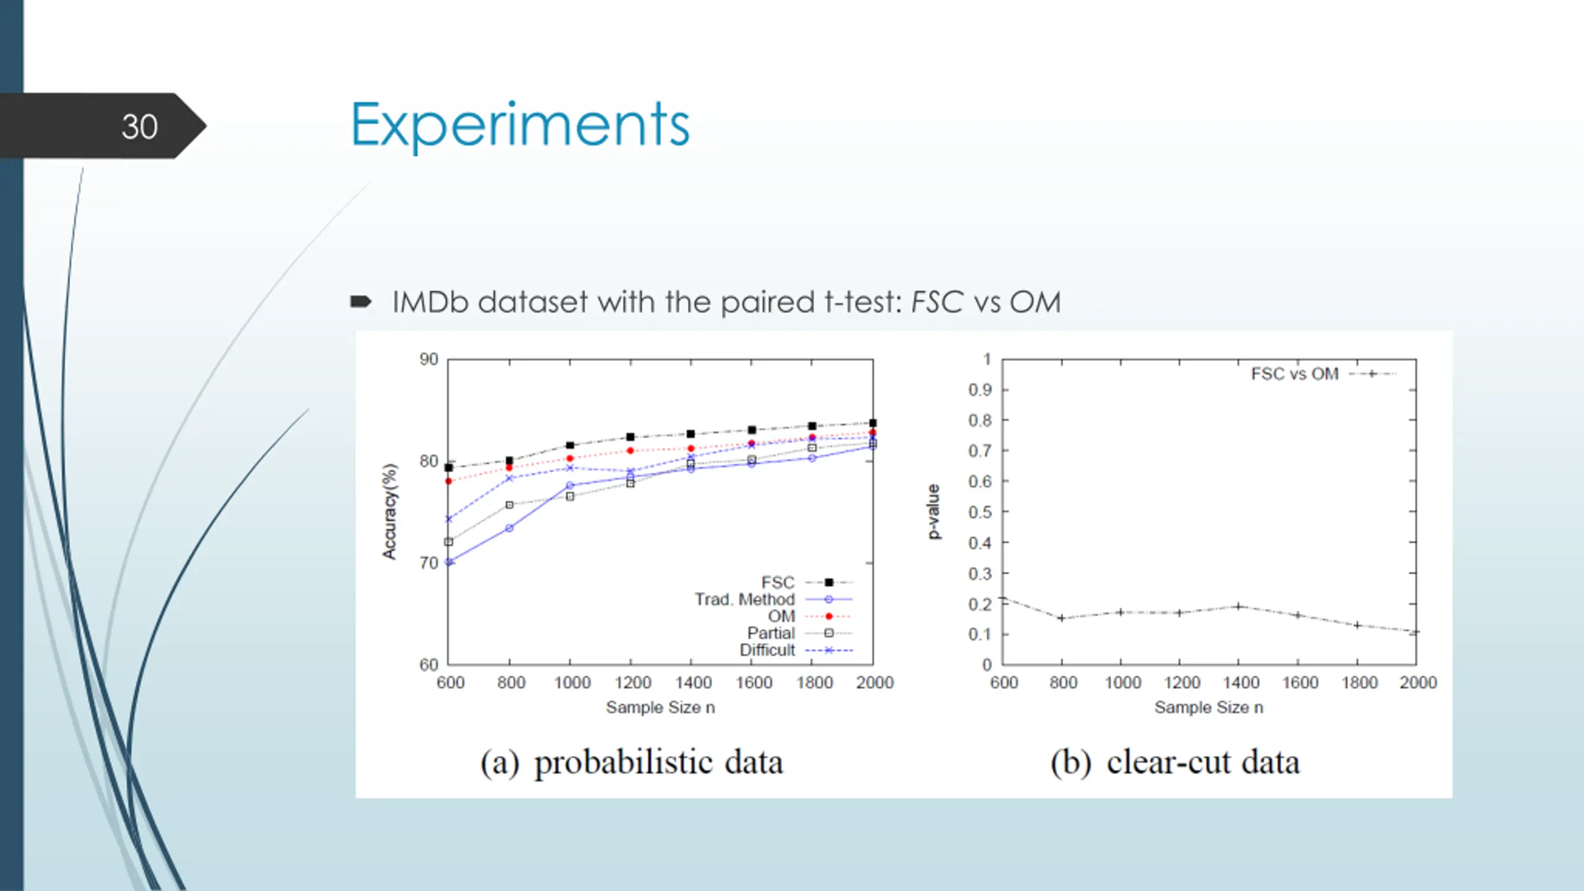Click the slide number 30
(139, 127)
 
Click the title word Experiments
(520, 126)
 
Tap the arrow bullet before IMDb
(361, 302)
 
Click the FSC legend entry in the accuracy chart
(777, 582)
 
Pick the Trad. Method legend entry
(744, 599)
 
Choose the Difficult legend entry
(767, 650)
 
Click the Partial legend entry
(770, 633)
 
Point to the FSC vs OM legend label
(1294, 374)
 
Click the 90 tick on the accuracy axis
(429, 359)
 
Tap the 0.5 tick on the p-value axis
(980, 512)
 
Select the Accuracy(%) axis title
(390, 512)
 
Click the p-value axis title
(934, 512)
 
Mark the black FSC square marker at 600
(449, 468)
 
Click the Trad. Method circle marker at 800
(509, 528)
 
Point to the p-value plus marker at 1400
(1239, 606)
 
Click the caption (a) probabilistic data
(632, 762)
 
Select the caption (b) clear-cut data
(1174, 762)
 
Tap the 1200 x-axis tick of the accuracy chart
(632, 682)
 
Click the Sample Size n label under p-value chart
(1208, 707)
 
